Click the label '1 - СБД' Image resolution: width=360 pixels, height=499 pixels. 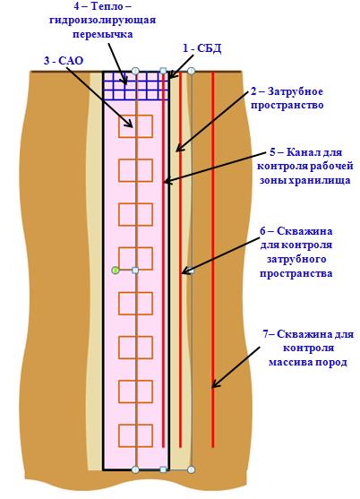click(202, 48)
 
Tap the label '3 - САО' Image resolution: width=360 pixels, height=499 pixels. click(64, 60)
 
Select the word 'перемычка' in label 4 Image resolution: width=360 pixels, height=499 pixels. click(102, 34)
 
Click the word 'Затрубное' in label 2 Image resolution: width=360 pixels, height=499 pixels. click(296, 91)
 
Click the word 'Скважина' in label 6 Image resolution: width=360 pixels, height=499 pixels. click(304, 231)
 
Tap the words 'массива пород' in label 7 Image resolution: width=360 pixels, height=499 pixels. click(307, 362)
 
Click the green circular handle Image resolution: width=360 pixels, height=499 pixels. click(116, 271)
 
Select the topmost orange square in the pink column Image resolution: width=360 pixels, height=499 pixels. click(135, 126)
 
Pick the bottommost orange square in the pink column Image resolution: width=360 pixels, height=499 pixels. click(135, 435)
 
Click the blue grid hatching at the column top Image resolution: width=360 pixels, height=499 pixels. click(136, 86)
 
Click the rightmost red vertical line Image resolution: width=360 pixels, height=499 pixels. click(213, 260)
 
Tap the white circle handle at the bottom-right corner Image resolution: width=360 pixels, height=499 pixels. click(191, 469)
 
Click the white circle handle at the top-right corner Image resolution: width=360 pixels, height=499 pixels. click(191, 71)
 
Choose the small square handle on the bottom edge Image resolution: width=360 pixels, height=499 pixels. click(163, 469)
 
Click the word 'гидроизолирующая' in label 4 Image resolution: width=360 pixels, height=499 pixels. click(103, 20)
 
